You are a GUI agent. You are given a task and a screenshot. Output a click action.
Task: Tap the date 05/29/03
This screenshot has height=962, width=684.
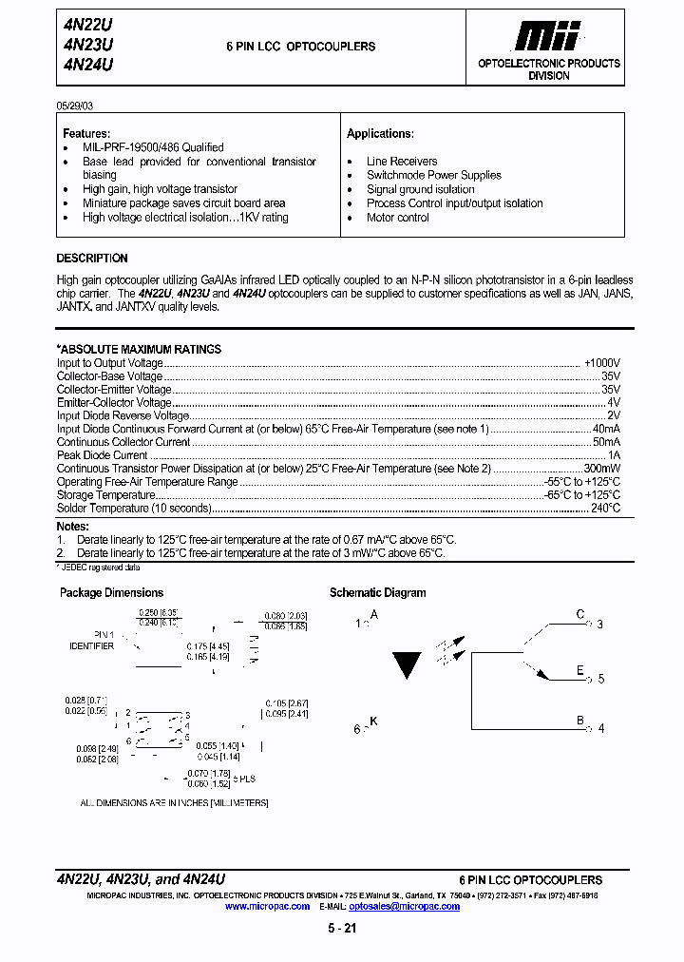75,104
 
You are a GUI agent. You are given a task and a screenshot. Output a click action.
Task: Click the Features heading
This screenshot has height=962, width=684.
86,134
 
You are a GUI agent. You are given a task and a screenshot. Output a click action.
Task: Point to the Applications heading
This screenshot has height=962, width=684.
380,134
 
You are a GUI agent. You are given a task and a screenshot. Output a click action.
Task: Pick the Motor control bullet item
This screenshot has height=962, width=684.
398,218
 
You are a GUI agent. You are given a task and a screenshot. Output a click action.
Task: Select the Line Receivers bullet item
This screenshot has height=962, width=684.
402,162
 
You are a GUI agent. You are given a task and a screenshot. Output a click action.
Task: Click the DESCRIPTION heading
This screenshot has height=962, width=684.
92,259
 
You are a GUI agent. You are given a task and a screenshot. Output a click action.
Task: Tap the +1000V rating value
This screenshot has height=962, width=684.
602,363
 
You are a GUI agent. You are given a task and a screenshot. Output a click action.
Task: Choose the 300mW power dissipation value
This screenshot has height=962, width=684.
602,469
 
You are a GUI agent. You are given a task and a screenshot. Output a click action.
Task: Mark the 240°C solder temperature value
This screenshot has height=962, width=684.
605,509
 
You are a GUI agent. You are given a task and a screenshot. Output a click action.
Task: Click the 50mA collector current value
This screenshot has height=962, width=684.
606,442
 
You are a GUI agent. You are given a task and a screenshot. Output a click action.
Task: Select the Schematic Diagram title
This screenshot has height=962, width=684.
377,593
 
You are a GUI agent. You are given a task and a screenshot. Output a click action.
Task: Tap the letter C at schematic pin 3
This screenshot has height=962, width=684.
580,615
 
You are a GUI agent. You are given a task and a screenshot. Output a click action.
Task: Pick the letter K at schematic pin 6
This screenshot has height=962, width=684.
373,721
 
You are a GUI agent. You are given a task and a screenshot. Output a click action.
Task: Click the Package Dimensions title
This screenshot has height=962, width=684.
111,593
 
